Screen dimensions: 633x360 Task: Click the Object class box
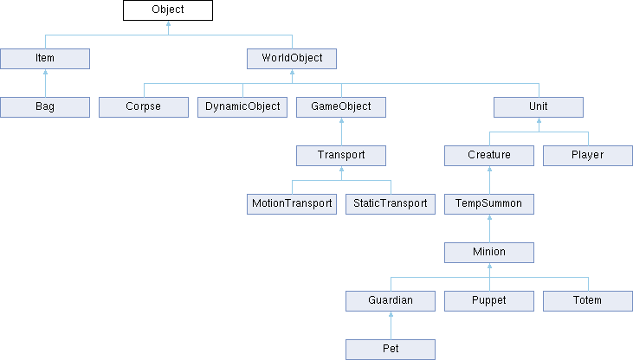tap(168, 10)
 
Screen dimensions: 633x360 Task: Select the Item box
tap(45, 59)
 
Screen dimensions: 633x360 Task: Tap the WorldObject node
tap(292, 59)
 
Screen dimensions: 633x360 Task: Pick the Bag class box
tap(45, 107)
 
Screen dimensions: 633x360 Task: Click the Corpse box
tap(144, 107)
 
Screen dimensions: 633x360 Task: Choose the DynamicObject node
tap(242, 107)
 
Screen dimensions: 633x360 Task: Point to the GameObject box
tap(341, 107)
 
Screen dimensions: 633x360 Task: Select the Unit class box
tap(539, 107)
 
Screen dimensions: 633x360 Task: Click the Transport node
tap(341, 156)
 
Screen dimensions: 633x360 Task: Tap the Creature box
tap(489, 156)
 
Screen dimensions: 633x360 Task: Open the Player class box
tap(588, 156)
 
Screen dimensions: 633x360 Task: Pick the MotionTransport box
tap(292, 204)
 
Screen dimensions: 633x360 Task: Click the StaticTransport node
tap(391, 204)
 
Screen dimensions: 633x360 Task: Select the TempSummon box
tap(489, 204)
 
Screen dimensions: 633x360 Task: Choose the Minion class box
tap(489, 252)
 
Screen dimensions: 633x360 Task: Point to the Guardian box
tap(391, 300)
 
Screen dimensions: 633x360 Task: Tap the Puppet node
tap(489, 300)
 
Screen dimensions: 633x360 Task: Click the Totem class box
tap(588, 300)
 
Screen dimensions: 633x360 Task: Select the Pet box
tap(391, 349)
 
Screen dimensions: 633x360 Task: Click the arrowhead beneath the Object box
tap(168, 23)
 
